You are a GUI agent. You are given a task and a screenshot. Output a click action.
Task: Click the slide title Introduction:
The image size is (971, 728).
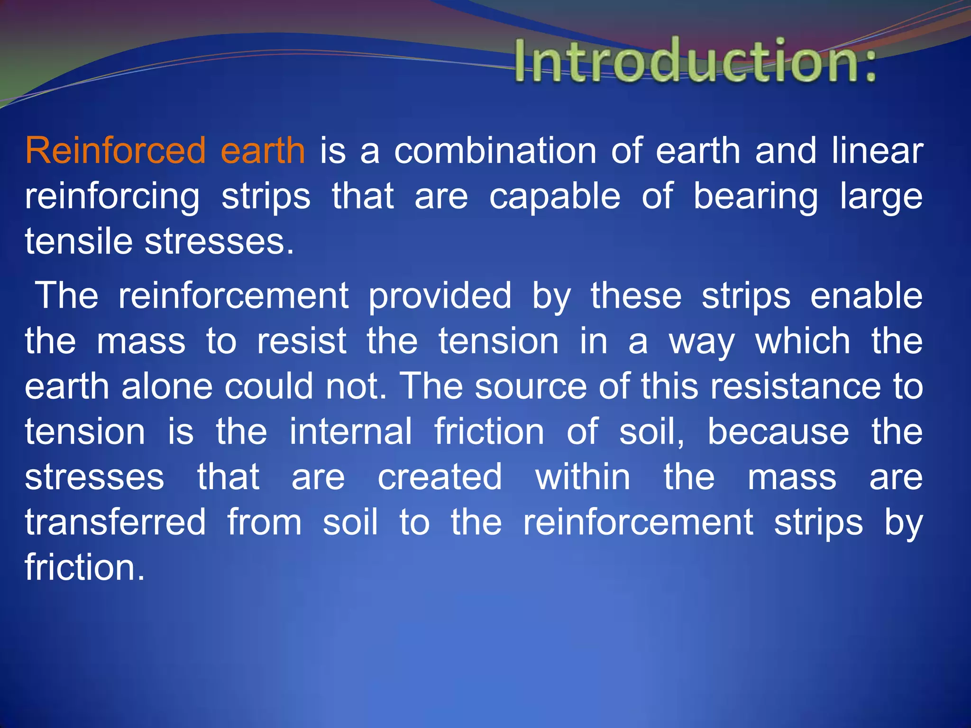695,62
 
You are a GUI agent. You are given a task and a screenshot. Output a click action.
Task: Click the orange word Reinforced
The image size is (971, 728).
115,151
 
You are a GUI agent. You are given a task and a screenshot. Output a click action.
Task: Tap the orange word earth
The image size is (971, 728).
263,151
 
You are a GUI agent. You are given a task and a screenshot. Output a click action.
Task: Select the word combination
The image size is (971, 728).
495,151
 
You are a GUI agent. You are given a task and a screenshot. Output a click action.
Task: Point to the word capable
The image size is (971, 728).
555,196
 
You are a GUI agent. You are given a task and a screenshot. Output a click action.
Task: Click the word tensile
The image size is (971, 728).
78,241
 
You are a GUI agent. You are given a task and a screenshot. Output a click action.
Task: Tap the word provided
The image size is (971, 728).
440,297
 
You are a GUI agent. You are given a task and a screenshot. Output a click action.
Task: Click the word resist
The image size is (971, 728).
302,341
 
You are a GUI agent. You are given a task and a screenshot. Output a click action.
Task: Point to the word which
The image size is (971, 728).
803,341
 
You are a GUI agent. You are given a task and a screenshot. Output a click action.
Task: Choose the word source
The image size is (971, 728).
531,387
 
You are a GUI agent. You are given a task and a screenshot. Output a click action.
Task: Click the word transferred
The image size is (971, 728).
115,522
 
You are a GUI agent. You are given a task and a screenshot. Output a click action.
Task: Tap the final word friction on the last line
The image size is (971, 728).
84,567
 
